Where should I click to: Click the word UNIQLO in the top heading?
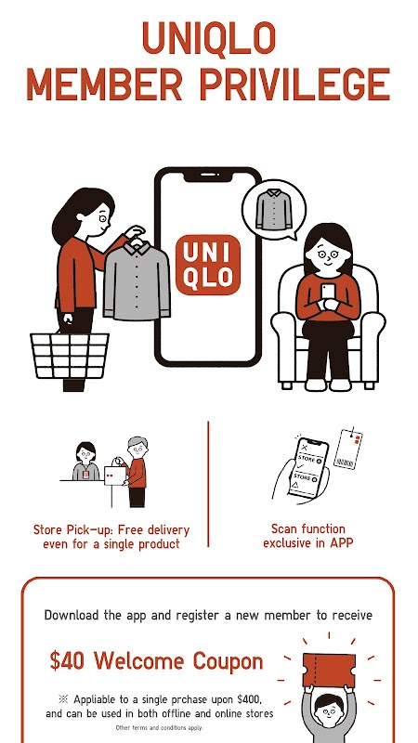[x=208, y=38]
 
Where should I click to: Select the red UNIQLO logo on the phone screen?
[x=208, y=265]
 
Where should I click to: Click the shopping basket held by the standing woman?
[x=70, y=356]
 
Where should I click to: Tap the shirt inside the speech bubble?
[x=274, y=209]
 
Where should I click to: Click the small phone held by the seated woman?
[x=328, y=293]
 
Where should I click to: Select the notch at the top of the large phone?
[x=208, y=176]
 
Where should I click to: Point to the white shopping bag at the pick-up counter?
[x=115, y=476]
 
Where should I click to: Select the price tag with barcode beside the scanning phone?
[x=348, y=449]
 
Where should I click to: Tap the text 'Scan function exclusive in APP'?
[x=308, y=536]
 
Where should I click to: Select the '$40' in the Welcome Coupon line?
[x=67, y=661]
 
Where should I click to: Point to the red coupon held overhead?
[x=329, y=670]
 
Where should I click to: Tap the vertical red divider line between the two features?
[x=208, y=484]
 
